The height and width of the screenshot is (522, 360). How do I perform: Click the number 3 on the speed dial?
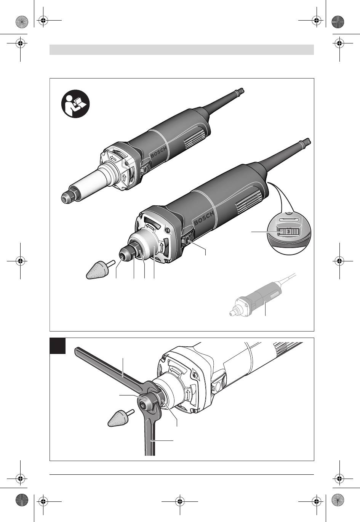tap(288, 232)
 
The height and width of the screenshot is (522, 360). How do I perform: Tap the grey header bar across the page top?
tap(182, 50)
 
